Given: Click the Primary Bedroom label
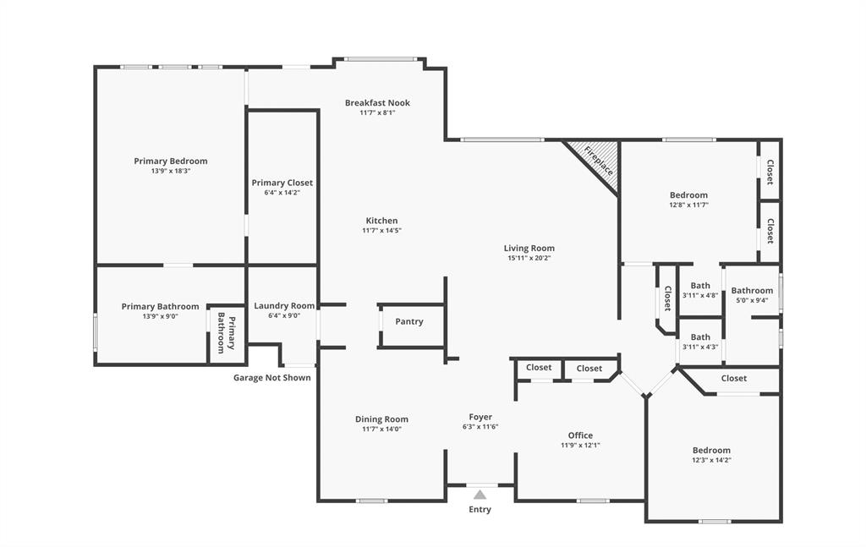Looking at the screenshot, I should [170, 161].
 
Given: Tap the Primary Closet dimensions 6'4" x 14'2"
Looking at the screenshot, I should [282, 193].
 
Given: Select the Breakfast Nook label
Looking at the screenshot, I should [377, 103].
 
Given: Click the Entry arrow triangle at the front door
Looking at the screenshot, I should [480, 495].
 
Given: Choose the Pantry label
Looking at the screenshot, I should [409, 321].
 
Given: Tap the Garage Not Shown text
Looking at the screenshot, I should [271, 378].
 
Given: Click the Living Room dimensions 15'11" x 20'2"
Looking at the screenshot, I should [529, 259].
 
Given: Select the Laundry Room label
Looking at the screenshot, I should [284, 306].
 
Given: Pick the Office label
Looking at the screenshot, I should [580, 435].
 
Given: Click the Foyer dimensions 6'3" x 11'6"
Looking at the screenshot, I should [480, 427].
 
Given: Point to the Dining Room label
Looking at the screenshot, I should [381, 419].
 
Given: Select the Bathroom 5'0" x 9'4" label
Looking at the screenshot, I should [752, 291].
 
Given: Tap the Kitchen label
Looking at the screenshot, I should [381, 221].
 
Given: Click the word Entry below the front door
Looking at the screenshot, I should [480, 510].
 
